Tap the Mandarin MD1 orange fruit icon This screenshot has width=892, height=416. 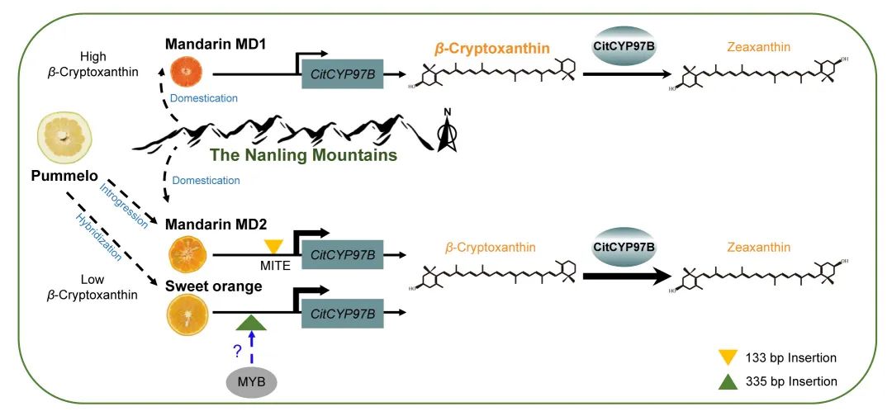[185, 73]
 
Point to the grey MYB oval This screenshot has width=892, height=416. [251, 382]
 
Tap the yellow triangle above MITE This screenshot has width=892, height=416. [273, 246]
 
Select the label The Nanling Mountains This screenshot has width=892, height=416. [303, 155]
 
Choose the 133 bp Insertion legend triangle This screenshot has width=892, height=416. [727, 357]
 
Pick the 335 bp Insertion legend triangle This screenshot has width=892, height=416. [727, 381]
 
